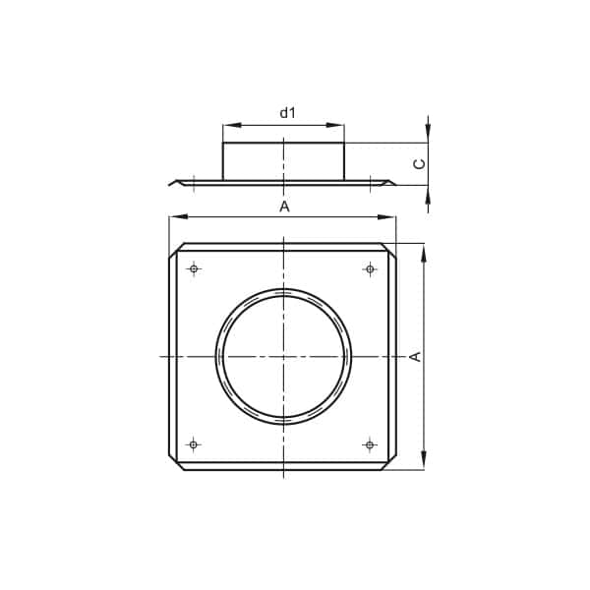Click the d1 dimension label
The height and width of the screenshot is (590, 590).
(x=287, y=112)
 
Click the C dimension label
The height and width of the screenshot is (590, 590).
(x=419, y=163)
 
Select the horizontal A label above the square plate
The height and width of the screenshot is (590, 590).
(x=285, y=206)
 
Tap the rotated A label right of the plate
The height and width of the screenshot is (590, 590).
(x=415, y=356)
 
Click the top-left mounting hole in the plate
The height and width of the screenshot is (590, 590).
(x=194, y=269)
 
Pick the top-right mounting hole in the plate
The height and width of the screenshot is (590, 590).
(x=370, y=269)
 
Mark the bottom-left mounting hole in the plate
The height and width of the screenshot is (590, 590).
(x=194, y=444)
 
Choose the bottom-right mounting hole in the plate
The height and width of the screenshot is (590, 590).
(x=370, y=444)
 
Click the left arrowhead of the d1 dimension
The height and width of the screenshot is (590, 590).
(x=231, y=125)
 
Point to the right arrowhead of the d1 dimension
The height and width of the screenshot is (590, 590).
(x=335, y=125)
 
